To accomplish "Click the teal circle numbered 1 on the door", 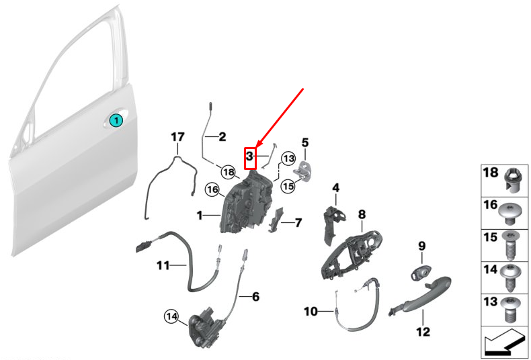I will [x=116, y=121].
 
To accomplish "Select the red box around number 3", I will [x=249, y=157].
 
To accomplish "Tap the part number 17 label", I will [x=177, y=137].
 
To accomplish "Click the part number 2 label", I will [x=222, y=137].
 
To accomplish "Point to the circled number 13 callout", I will [x=288, y=159].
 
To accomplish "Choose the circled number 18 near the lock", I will [x=228, y=172].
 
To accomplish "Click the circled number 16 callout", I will [x=212, y=190].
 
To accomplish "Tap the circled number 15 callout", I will [x=288, y=186].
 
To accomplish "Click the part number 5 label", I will [x=304, y=142].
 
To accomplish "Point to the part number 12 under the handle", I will [x=422, y=331].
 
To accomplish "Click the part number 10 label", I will [x=310, y=311].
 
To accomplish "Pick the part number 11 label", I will [x=164, y=265].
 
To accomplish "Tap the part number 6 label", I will [x=255, y=296].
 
